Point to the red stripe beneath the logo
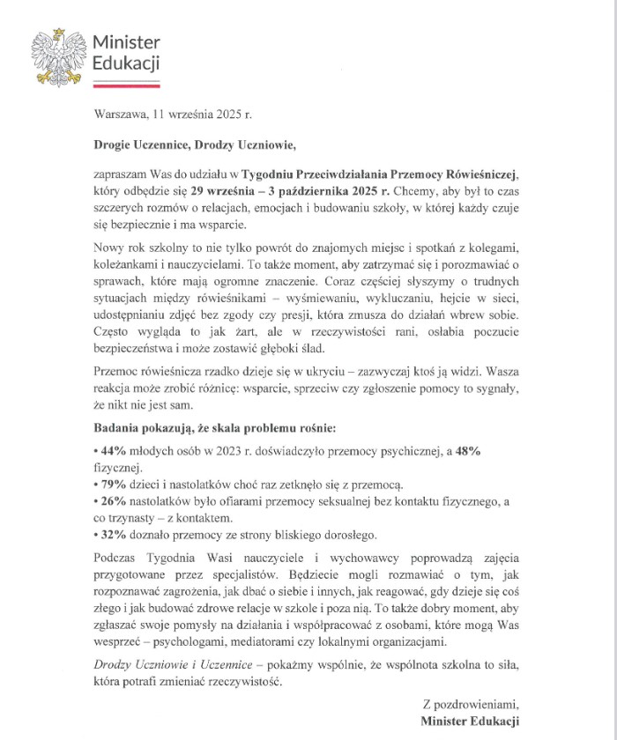[x=126, y=86]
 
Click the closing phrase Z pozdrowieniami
[x=472, y=703]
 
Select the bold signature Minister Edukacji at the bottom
[x=471, y=721]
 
